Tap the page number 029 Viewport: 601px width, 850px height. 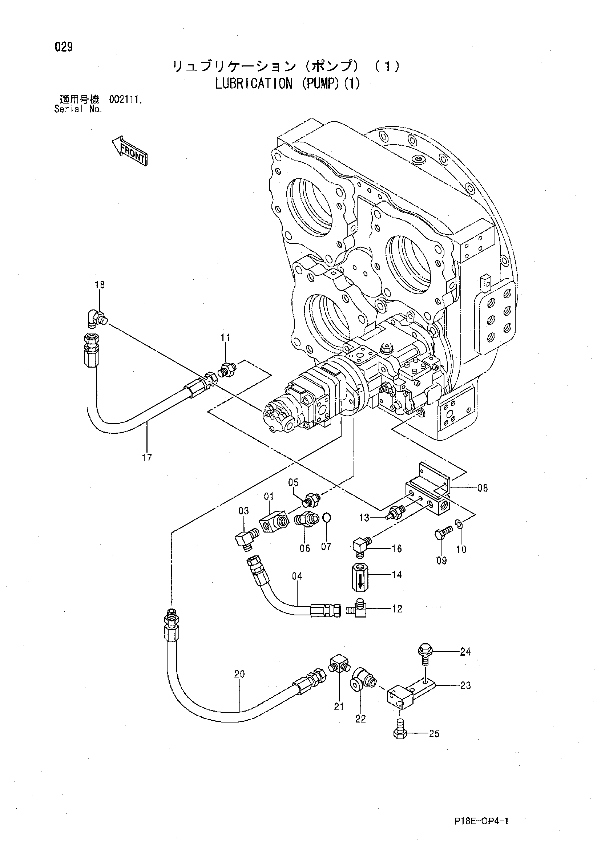tap(64, 47)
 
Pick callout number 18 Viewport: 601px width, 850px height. tap(100, 285)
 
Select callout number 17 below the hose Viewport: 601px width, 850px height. tap(147, 458)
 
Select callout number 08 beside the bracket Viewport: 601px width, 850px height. tap(483, 488)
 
